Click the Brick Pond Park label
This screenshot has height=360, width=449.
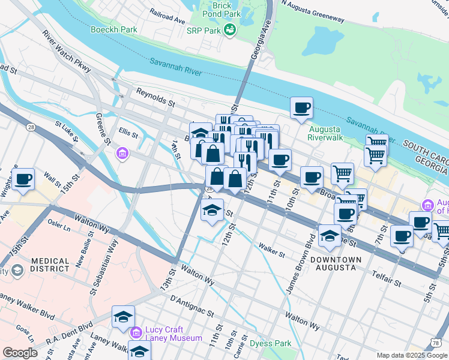221,8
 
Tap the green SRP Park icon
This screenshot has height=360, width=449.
229,29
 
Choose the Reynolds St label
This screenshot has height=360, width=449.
155,98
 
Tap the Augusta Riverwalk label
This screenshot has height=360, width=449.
325,133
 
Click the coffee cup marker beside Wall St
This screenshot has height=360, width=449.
23,179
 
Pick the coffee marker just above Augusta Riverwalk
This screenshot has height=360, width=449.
301,109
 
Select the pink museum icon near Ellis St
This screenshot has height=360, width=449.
123,154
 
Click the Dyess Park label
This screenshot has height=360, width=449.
271,344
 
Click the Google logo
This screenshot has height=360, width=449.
20,352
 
